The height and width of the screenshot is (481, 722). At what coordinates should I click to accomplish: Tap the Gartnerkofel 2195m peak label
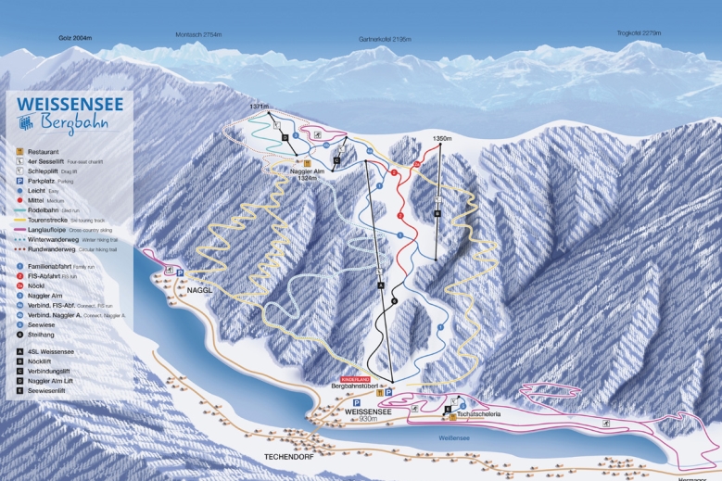pos(385,39)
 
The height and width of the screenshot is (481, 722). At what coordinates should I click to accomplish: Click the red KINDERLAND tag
pos(355,380)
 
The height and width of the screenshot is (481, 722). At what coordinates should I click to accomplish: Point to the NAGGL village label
pos(200,290)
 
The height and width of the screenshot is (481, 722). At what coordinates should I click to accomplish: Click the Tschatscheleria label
pos(479,413)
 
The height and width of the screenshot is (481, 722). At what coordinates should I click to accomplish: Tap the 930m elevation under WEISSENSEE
pos(369,420)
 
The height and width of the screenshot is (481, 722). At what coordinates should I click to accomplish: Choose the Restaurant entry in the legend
pos(44,151)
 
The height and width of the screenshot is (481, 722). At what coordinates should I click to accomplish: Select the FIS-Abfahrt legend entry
pos(45,276)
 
